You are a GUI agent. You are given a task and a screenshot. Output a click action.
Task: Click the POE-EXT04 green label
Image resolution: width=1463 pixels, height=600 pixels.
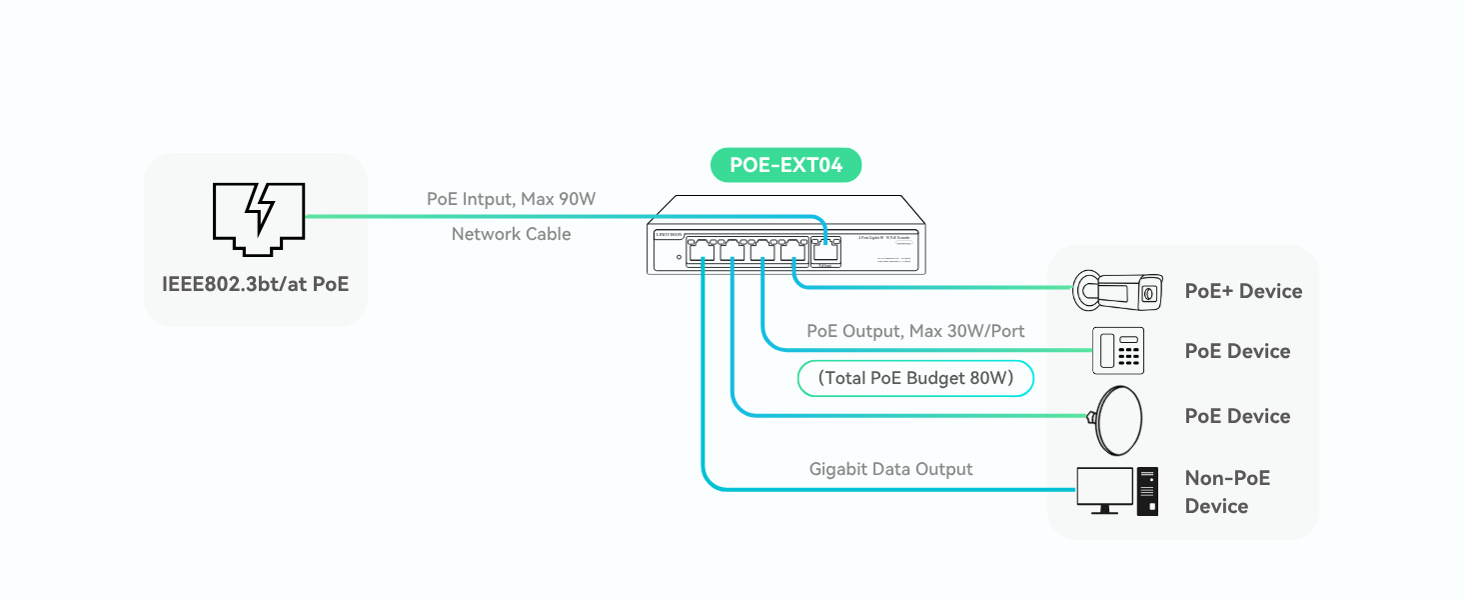[x=785, y=165]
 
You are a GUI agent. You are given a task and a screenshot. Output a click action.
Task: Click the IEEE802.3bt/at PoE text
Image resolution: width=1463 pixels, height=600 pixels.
[x=256, y=284]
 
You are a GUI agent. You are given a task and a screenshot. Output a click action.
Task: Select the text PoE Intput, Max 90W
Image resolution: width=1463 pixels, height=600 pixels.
[x=511, y=199]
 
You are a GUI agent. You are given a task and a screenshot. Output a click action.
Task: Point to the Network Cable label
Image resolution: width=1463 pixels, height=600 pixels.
[x=511, y=234]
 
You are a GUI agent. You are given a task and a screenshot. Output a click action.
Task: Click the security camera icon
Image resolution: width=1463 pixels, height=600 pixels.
[x=1117, y=290]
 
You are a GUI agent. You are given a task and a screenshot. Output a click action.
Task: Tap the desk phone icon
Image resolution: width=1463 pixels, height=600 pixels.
[x=1118, y=351]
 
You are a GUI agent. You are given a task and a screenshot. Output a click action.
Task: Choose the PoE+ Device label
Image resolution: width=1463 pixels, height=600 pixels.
[x=1243, y=291]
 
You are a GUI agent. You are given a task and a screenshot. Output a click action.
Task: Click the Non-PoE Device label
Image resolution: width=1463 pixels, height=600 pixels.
[x=1226, y=492]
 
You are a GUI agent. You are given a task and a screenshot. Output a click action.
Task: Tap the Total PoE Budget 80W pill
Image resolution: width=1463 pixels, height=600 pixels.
[x=914, y=378]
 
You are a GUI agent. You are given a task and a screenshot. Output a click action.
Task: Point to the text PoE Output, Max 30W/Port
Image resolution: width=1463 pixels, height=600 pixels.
[x=915, y=331]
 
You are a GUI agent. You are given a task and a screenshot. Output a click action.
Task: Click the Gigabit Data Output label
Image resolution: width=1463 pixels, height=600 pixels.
[x=890, y=469]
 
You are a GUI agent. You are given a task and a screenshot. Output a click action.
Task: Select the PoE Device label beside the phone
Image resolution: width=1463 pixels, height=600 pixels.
[x=1237, y=351]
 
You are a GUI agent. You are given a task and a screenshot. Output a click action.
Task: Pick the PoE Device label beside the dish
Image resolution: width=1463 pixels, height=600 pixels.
[x=1237, y=416]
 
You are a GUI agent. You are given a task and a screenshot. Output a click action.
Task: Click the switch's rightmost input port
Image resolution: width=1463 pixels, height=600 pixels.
[x=825, y=250]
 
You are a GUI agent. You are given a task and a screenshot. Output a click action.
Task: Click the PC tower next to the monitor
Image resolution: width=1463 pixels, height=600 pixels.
[x=1147, y=492]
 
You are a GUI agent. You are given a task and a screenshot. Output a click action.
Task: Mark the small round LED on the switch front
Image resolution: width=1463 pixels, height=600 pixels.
[x=680, y=258]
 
